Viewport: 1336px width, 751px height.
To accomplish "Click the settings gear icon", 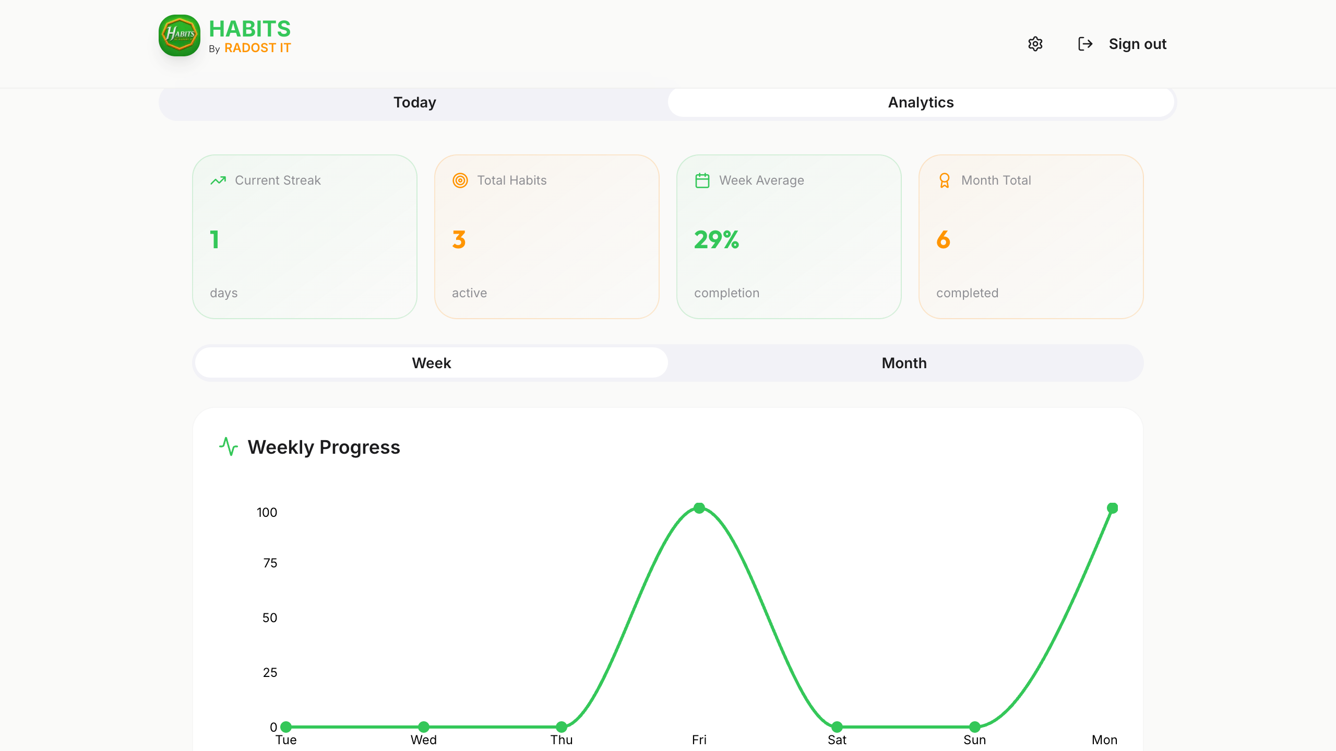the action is tap(1035, 44).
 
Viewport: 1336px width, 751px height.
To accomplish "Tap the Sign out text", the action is tap(1138, 44).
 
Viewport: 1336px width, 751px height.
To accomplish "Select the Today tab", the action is tap(414, 102).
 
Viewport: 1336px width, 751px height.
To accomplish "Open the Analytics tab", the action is tap(921, 102).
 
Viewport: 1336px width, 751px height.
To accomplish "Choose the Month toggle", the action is tap(904, 363).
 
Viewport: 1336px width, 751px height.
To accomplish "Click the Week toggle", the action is tap(432, 363).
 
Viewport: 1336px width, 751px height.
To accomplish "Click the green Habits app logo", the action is tap(180, 35).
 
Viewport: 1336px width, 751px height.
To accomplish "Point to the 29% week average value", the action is tap(717, 240).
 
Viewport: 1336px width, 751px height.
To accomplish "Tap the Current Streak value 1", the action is tap(214, 240).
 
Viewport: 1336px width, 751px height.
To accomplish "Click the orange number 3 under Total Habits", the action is tap(459, 240).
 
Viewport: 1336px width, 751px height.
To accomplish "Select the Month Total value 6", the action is tap(943, 240).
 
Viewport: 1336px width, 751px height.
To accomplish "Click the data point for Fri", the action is tap(699, 508).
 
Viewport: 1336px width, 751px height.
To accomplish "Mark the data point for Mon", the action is tap(1112, 508).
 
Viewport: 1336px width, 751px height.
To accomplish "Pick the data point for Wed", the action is tap(424, 726).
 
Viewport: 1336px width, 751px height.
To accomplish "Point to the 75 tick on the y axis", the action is tap(270, 563).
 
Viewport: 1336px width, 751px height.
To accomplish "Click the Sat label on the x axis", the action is tap(837, 740).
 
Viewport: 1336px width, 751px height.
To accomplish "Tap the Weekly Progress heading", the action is tap(324, 447).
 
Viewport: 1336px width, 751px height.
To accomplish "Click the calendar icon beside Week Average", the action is tap(702, 180).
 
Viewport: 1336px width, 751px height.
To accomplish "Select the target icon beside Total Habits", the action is tap(460, 180).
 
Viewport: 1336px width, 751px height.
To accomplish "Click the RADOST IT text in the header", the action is tap(258, 48).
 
